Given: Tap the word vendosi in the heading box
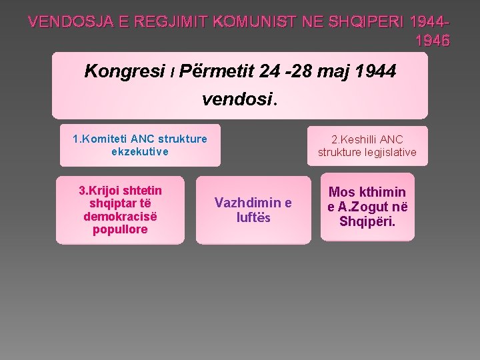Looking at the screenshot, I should [x=237, y=99].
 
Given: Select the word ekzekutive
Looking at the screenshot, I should [x=140, y=151].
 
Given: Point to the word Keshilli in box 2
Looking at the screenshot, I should [x=359, y=139].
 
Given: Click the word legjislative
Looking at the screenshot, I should [x=391, y=152].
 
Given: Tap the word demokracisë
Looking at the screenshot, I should [x=120, y=217].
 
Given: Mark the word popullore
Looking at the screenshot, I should [x=120, y=229].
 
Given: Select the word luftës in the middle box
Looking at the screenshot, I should [x=253, y=217].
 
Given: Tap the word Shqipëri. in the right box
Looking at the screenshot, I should [x=367, y=221].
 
